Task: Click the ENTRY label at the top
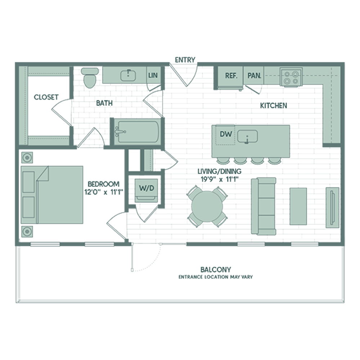(185, 60)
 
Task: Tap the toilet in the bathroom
(90, 78)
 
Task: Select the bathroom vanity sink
(128, 75)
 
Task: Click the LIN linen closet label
(153, 75)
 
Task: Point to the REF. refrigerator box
(230, 77)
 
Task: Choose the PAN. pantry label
(254, 76)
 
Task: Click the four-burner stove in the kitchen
(291, 77)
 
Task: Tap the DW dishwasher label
(226, 134)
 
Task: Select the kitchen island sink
(247, 136)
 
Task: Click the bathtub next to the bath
(137, 132)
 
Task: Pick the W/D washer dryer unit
(146, 190)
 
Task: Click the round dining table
(207, 206)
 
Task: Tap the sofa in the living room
(264, 206)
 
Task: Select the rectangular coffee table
(298, 206)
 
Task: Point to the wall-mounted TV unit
(332, 208)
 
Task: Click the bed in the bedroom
(52, 195)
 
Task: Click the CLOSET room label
(46, 97)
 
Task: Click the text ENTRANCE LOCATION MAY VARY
(216, 277)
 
